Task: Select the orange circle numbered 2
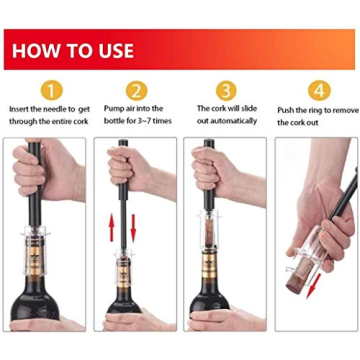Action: [x=134, y=91]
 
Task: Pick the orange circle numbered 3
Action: [x=227, y=91]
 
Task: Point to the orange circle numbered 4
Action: [x=318, y=91]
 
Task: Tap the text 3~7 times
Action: [x=153, y=121]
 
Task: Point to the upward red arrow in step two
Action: [x=110, y=230]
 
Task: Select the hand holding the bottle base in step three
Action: [x=222, y=320]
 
